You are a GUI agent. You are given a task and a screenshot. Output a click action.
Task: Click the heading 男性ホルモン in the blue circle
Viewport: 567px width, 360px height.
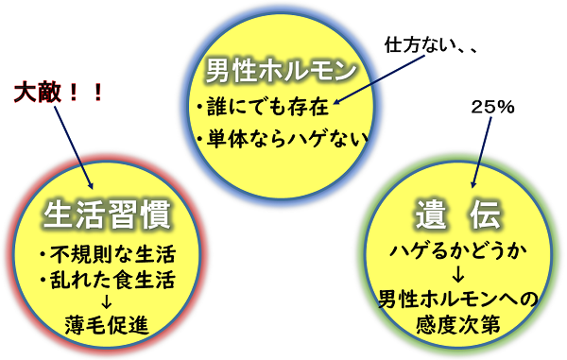[x=282, y=69]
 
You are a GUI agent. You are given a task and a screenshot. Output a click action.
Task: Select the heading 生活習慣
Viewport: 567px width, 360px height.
[x=107, y=216]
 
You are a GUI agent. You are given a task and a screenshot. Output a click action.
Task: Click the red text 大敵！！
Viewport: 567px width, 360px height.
[x=60, y=92]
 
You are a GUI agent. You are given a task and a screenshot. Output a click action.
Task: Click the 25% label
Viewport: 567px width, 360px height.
[x=491, y=107]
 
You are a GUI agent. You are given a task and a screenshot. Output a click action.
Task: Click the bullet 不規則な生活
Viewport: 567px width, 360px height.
[x=107, y=255]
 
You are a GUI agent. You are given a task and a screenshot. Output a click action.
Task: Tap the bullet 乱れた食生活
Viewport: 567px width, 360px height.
[x=107, y=280]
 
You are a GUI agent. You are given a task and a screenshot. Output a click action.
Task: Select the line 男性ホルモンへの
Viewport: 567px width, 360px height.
[x=456, y=300]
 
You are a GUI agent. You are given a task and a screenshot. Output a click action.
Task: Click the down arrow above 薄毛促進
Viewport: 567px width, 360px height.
[x=107, y=302]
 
